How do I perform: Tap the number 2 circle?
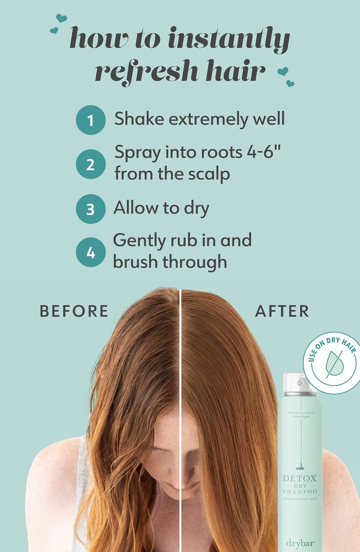tap(91, 165)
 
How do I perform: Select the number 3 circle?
tap(91, 209)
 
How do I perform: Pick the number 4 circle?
tap(91, 252)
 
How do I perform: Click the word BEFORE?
tap(74, 311)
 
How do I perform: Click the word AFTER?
tap(282, 311)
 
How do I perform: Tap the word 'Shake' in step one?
tap(139, 119)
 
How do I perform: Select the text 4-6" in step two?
tap(264, 151)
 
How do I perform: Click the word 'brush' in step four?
tap(136, 262)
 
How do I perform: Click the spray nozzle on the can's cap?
tap(300, 382)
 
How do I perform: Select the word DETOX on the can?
tap(300, 479)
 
